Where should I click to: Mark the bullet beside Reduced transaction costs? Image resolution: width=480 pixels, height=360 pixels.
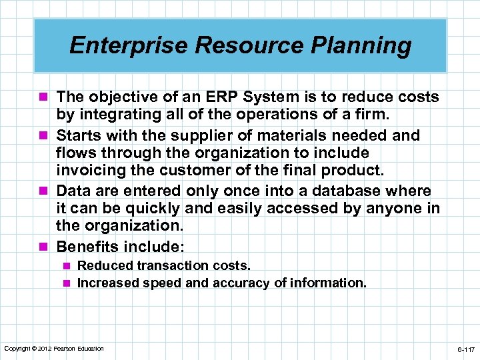tap(67, 266)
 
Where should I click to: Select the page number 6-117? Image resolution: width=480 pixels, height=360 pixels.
tap(465, 349)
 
